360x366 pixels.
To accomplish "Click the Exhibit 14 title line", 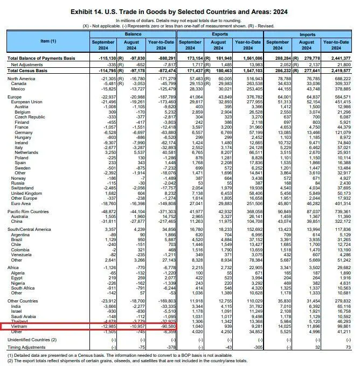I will (x=180, y=11).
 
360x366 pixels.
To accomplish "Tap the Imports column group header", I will (x=307, y=34).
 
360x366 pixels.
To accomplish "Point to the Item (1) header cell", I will (x=49, y=41).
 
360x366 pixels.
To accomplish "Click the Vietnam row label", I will (x=20, y=326).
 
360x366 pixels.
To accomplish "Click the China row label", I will (x=17, y=221).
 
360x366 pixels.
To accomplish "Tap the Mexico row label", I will (x=18, y=88).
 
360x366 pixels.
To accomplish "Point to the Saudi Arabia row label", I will (x=24, y=316).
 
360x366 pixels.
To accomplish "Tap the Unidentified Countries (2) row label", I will (x=32, y=340).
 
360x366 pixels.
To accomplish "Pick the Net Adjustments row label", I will (x=27, y=64).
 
